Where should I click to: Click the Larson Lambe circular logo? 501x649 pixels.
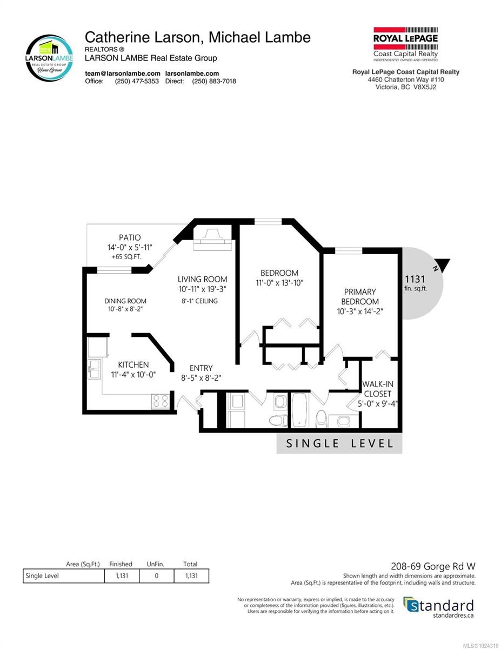click(x=49, y=58)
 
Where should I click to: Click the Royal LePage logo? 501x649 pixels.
click(x=405, y=44)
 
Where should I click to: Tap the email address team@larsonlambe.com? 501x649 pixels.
click(x=123, y=74)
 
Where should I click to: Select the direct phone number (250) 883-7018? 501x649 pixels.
click(x=214, y=81)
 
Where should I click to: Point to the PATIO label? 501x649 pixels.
click(x=130, y=238)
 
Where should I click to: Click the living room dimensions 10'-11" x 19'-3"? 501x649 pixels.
click(x=203, y=289)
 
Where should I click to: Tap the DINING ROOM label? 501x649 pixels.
click(x=125, y=301)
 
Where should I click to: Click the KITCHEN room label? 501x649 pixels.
click(x=133, y=365)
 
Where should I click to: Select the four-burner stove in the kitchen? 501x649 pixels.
click(x=161, y=401)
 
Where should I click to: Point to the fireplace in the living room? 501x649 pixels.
click(x=212, y=240)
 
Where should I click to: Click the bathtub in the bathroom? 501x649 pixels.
click(x=299, y=410)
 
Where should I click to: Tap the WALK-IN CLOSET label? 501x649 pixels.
click(x=377, y=389)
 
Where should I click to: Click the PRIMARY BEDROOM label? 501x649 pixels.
click(x=360, y=296)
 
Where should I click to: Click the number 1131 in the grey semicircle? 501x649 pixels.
click(x=415, y=279)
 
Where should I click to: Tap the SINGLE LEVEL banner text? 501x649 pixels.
click(x=339, y=443)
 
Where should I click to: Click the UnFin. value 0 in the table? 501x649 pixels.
click(x=156, y=575)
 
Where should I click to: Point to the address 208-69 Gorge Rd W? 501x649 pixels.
click(x=433, y=566)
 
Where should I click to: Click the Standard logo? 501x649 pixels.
click(x=439, y=606)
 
